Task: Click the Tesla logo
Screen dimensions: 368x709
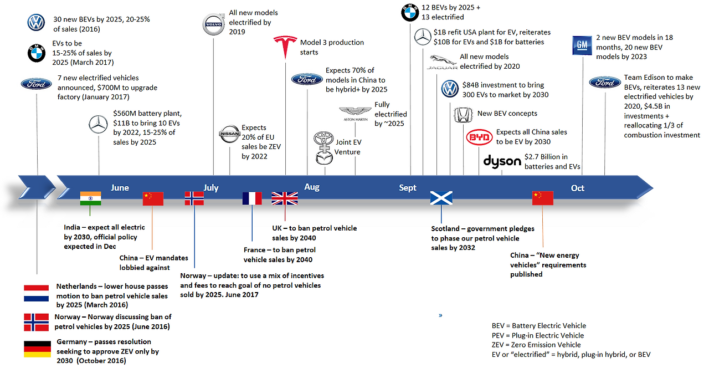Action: coord(285,47)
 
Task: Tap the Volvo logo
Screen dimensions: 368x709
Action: coord(214,24)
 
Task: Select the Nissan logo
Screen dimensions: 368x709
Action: coord(229,134)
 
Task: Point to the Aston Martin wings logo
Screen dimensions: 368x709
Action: coord(356,111)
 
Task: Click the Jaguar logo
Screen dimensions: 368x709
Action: coord(442,62)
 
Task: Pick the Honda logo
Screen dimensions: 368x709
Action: coord(462,115)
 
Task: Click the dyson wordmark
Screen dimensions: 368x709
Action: coord(502,161)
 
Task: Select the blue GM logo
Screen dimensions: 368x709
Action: coord(583,45)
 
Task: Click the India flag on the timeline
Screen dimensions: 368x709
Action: coord(91,198)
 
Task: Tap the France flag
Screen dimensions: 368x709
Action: coord(252,198)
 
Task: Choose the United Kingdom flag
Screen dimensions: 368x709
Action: coord(285,198)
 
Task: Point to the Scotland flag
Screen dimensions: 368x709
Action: coord(441,198)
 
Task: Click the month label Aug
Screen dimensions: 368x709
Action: coord(312,188)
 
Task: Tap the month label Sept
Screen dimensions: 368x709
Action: coord(408,188)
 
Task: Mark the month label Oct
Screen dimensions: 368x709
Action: coord(578,188)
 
